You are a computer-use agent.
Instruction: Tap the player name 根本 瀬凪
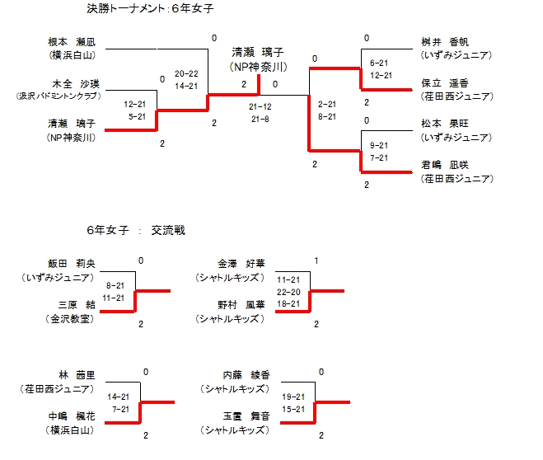coord(73,41)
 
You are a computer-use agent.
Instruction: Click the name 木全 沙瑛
coord(73,84)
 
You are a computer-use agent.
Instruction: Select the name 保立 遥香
coord(445,83)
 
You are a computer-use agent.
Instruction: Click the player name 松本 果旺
coord(445,123)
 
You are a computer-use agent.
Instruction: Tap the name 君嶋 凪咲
coord(445,166)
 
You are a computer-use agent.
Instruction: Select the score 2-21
coord(326,105)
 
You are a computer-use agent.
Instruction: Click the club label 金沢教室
coord(70,317)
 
